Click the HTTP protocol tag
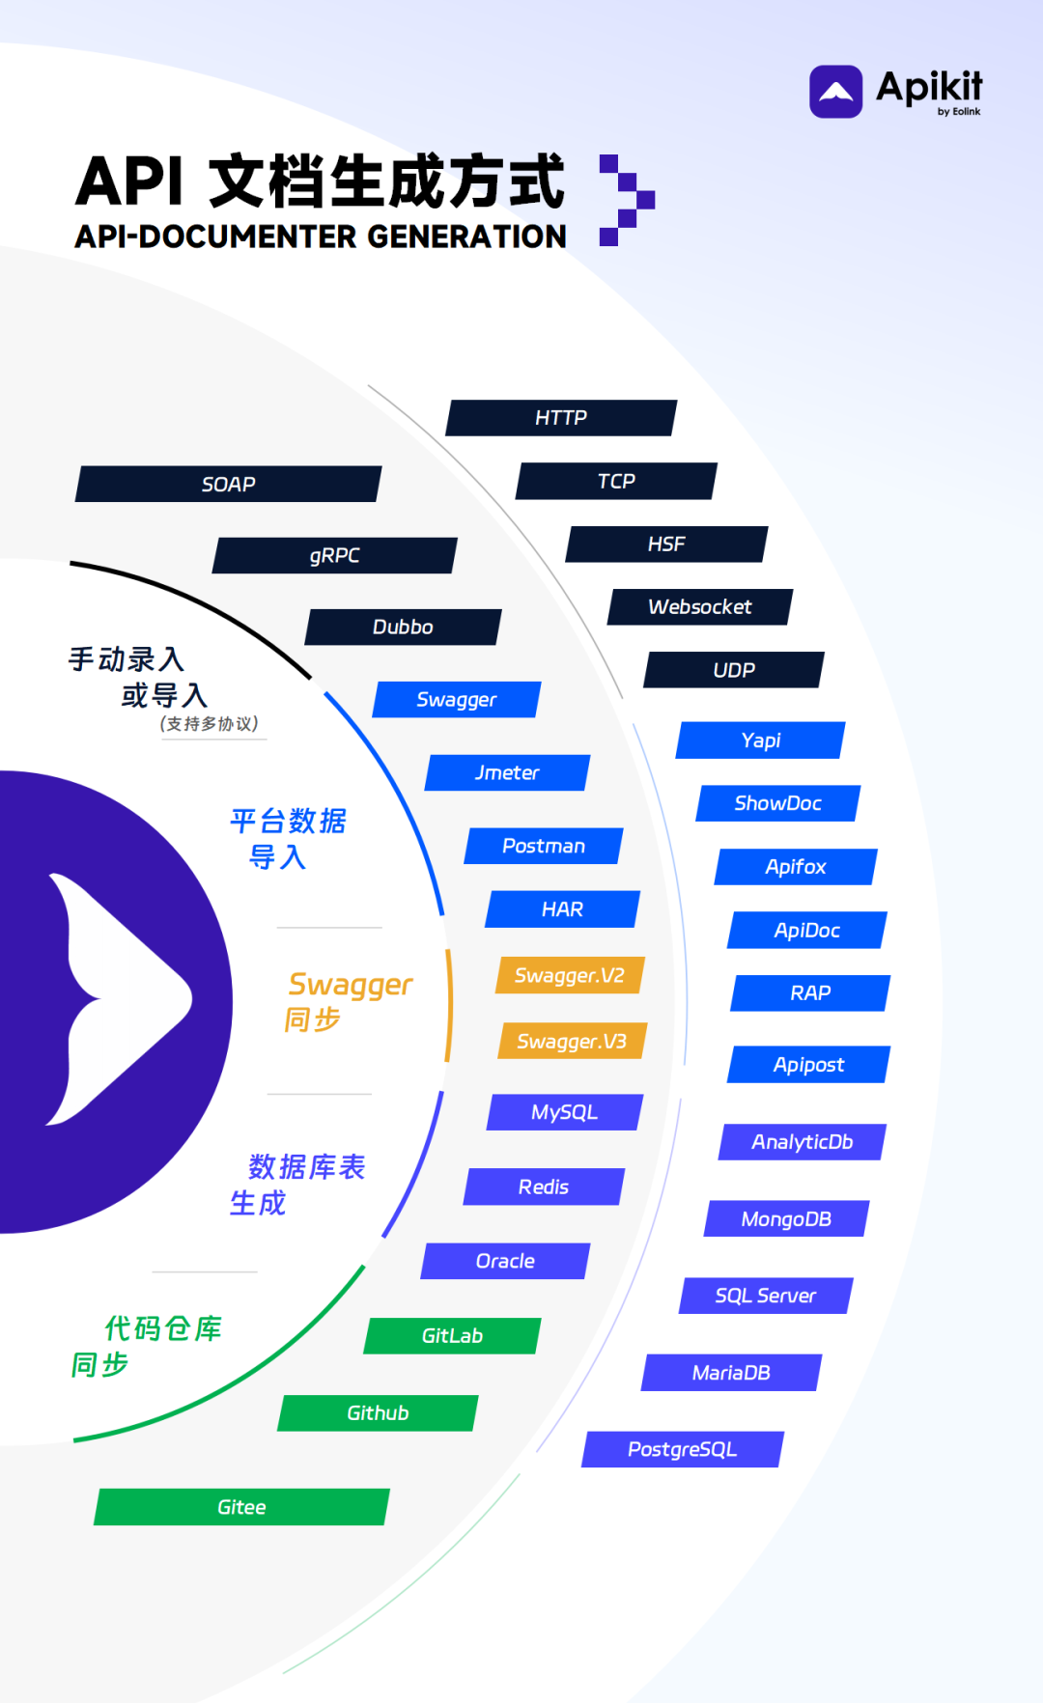click(x=561, y=418)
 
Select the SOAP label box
click(x=229, y=485)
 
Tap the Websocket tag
click(x=700, y=607)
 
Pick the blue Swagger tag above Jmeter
click(x=457, y=700)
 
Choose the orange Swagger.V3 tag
click(x=572, y=1042)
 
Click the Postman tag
click(x=544, y=847)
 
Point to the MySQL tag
click(x=565, y=1112)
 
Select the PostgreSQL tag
click(x=683, y=1450)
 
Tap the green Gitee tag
click(x=241, y=1508)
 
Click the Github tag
click(x=378, y=1413)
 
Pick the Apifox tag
click(x=796, y=867)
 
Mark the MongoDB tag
click(x=786, y=1219)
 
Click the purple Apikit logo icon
click(x=835, y=92)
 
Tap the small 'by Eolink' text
click(x=959, y=112)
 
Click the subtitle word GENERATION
click(x=466, y=237)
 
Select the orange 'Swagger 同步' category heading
click(x=348, y=1000)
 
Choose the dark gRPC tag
click(x=335, y=556)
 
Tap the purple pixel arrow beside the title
click(x=627, y=200)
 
